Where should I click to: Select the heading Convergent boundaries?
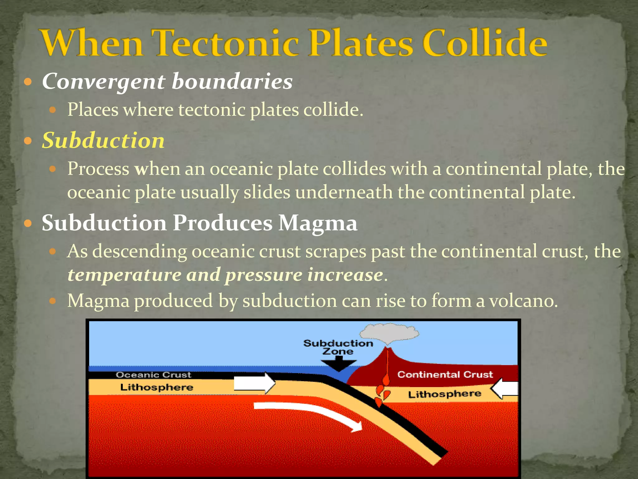(167, 81)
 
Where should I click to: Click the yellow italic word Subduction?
(103, 140)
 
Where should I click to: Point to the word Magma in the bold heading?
(318, 223)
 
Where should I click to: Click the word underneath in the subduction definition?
(344, 192)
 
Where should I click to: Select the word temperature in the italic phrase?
(124, 275)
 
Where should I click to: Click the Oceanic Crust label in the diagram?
(153, 375)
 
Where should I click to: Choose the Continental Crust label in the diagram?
(445, 374)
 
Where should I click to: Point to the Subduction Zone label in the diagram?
(338, 347)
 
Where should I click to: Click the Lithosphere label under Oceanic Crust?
(157, 387)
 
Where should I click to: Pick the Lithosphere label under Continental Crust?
(445, 394)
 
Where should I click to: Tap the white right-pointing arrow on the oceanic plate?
(254, 383)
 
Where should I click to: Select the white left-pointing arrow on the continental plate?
(505, 389)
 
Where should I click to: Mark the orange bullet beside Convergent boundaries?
(28, 82)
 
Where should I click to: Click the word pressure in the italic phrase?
(264, 275)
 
